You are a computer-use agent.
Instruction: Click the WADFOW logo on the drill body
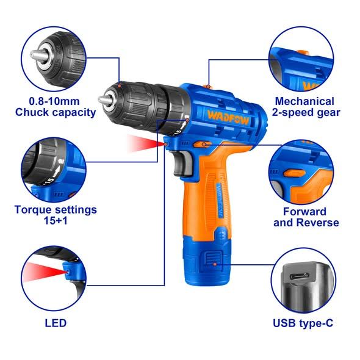click(x=228, y=117)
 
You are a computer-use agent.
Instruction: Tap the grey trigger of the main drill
click(x=182, y=163)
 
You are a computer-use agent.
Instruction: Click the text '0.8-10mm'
click(x=54, y=101)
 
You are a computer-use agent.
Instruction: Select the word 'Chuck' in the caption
click(x=32, y=112)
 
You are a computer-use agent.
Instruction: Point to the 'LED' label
click(x=56, y=323)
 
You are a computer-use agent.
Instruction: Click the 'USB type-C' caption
click(x=303, y=323)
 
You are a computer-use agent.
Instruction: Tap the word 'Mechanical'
click(x=304, y=101)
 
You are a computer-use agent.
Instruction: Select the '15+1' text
click(x=56, y=221)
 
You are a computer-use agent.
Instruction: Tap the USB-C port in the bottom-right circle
click(x=300, y=276)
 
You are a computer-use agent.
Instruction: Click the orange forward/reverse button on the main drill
click(x=201, y=144)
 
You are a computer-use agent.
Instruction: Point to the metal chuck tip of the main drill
click(x=104, y=100)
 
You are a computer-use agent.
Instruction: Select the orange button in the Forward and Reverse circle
click(x=295, y=173)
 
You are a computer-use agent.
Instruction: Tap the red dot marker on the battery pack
click(x=215, y=264)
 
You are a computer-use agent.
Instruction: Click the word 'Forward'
click(x=304, y=212)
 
